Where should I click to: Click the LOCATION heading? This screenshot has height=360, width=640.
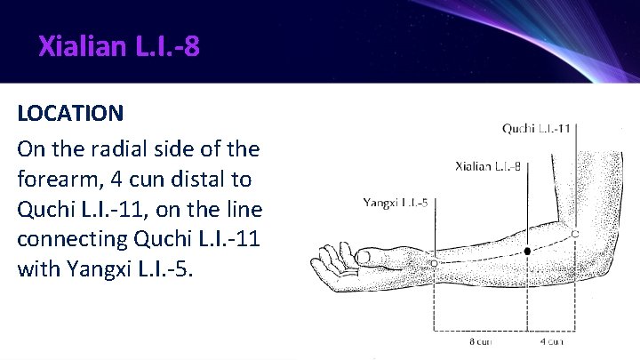70,114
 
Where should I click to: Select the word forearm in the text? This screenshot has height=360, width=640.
57,180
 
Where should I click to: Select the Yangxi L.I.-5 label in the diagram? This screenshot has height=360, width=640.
396,203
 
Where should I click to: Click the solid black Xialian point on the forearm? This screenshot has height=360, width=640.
527,252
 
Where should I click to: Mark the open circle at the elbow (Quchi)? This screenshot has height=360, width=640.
575,234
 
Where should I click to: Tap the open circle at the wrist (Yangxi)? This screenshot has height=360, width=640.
433,263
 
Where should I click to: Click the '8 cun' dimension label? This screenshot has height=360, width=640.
480,340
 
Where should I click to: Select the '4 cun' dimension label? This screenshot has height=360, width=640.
551,340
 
